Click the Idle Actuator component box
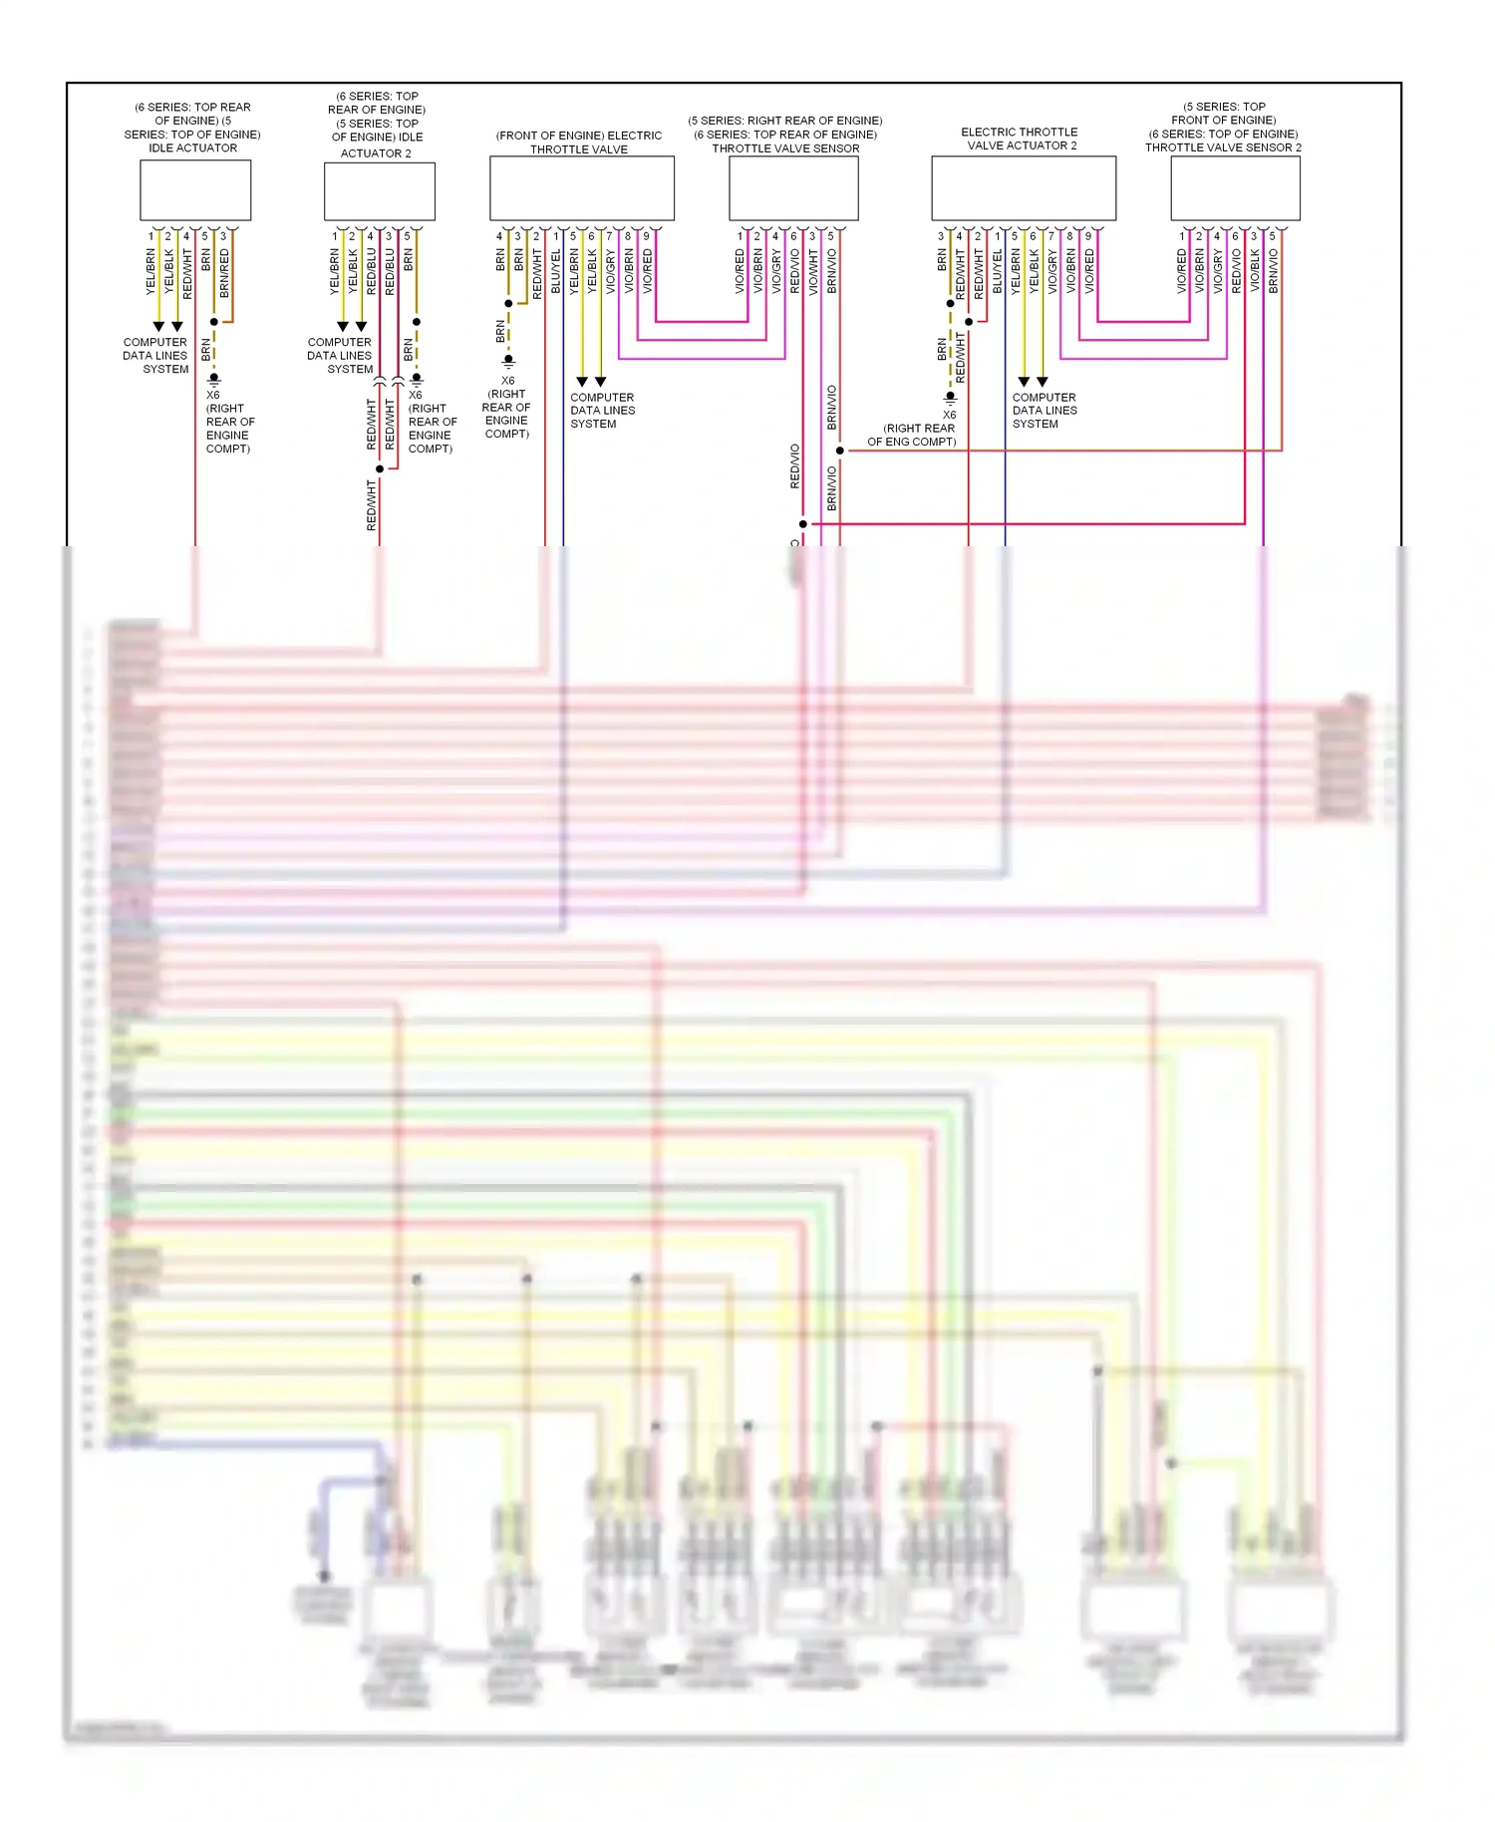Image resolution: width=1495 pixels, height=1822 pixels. pos(194,190)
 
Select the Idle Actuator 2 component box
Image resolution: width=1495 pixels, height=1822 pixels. pos(379,191)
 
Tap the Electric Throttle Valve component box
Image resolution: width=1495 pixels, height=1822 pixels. pos(581,188)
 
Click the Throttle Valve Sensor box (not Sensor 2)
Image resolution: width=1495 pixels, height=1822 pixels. pos(792,188)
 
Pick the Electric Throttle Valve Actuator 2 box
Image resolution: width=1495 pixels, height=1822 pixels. pos(1023,188)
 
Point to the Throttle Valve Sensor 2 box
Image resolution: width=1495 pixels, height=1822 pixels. pos(1234,188)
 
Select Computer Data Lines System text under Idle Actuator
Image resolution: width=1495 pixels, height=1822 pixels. pos(155,356)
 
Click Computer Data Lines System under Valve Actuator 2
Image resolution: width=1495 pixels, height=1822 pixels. pos(1044,411)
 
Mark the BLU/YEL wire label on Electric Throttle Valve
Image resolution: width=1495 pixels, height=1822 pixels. pos(556,271)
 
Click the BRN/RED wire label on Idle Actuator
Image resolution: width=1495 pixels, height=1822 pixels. pos(224,273)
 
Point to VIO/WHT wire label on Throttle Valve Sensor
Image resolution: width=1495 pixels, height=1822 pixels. pos(813,271)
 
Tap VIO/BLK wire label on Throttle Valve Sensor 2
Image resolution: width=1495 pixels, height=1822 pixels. pos(1255,271)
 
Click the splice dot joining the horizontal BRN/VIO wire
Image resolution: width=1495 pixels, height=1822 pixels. pos(840,451)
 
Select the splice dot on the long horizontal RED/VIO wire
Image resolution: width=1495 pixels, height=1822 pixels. pos(803,523)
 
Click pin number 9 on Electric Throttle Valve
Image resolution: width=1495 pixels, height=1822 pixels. pos(646,236)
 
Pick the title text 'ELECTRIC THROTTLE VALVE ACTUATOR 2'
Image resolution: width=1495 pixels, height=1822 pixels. pos(1019,139)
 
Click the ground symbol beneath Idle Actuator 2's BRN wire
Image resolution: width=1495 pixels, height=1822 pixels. pos(417,380)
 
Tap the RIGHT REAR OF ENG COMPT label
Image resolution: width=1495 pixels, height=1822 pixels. pos(912,435)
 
